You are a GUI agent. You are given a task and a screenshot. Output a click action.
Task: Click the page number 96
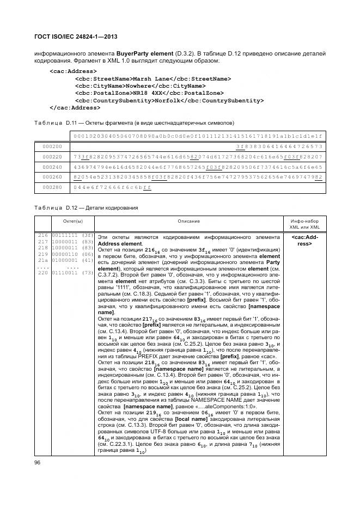pyautogui.click(x=38, y=462)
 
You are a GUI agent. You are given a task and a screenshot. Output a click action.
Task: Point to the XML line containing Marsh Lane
pyautogui.click(x=152, y=79)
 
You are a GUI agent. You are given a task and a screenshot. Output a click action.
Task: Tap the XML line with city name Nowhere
pyautogui.click(x=141, y=86)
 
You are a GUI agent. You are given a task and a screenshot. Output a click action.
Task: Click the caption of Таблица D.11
pyautogui.click(x=134, y=123)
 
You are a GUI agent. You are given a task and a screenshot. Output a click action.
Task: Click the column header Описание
pyautogui.click(x=188, y=222)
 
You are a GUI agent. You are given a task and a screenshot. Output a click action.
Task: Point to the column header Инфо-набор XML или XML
pyautogui.click(x=304, y=224)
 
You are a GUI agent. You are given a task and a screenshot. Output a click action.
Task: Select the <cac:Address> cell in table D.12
pyautogui.click(x=304, y=241)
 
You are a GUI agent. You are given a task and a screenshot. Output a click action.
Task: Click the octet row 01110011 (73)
pyautogui.click(x=65, y=272)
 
